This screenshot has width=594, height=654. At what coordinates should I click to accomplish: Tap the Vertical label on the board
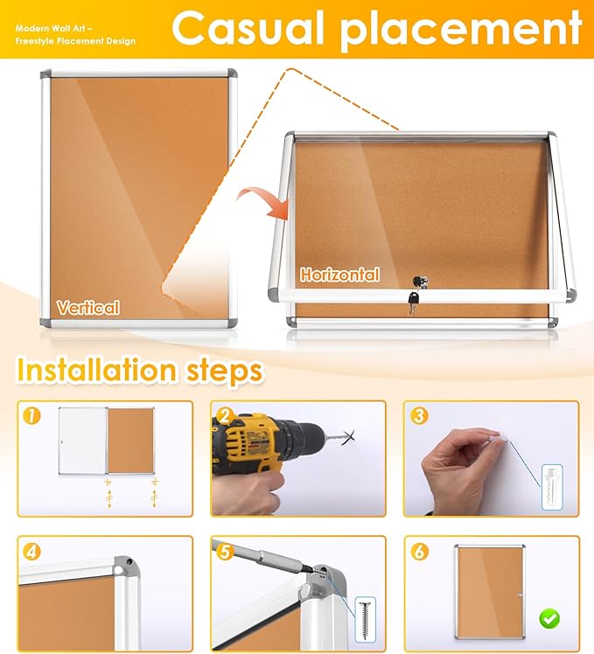(x=88, y=307)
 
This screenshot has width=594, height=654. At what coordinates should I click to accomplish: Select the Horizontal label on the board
(x=340, y=275)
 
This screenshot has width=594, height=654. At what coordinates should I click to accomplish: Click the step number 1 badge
(x=33, y=417)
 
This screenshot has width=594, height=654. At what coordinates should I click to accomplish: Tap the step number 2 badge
(x=226, y=416)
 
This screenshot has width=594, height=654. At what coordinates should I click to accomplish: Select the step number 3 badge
(x=418, y=416)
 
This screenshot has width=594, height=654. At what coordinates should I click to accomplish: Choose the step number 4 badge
(x=33, y=552)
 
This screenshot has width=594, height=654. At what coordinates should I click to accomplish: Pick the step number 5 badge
(x=226, y=552)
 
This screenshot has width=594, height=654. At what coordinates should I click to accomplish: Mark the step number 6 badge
(x=418, y=552)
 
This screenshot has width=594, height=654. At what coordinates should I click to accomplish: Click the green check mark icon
(x=549, y=619)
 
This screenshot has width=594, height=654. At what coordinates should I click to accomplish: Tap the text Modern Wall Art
(x=48, y=28)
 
